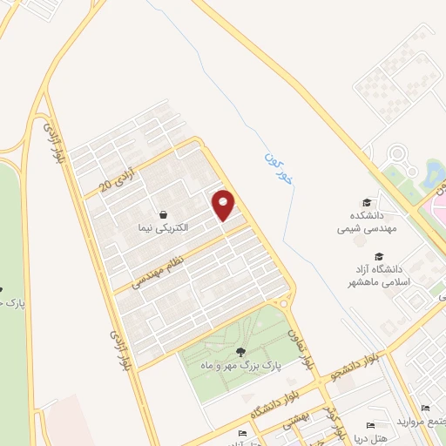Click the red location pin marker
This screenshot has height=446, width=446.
coord(224,205)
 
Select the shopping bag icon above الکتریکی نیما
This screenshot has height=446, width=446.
coord(163,213)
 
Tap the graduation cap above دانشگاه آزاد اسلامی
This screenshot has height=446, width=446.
coord(379,256)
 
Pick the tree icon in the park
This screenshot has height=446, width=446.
coord(240,353)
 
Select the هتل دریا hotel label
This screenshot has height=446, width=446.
coord(371,437)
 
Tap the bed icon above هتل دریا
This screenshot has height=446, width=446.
coord(371,424)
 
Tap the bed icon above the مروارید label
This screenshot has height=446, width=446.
coord(424,409)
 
